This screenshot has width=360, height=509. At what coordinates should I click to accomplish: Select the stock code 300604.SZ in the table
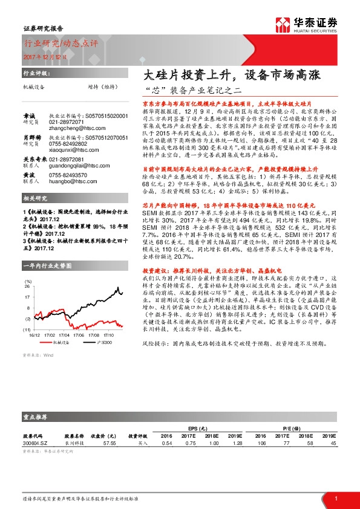click(x=35, y=443)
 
